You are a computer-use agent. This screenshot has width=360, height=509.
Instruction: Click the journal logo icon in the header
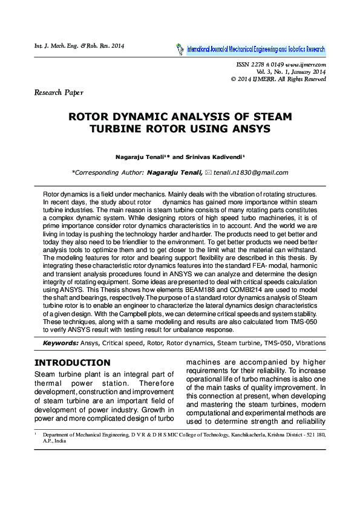point(179,49)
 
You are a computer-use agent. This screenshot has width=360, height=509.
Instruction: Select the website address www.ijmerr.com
point(306,64)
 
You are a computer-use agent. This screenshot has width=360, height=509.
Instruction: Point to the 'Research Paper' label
point(59,92)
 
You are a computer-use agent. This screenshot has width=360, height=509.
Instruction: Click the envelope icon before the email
point(208,172)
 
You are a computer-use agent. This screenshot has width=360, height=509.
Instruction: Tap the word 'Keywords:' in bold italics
point(61,343)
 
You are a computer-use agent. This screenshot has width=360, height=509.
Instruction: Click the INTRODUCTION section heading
point(72,363)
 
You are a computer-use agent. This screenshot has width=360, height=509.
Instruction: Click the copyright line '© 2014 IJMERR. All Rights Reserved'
point(279,79)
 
